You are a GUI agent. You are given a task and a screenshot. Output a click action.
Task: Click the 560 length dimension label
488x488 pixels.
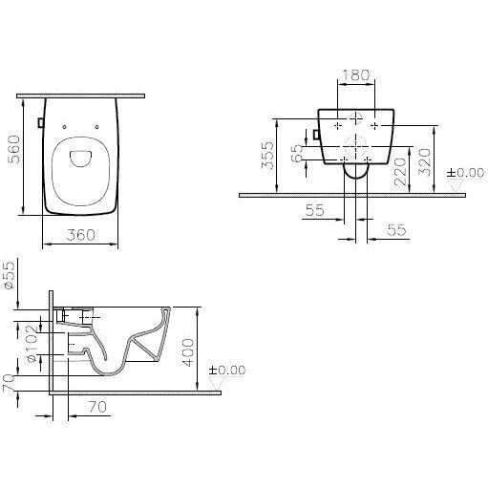click(x=13, y=149)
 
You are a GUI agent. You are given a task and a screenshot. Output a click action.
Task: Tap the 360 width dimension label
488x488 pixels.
click(x=81, y=235)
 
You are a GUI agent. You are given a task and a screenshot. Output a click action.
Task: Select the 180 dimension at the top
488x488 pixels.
click(x=355, y=75)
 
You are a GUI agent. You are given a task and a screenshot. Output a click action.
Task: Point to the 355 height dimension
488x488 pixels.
click(x=267, y=155)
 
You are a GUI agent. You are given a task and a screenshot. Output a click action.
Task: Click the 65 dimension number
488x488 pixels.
click(x=298, y=153)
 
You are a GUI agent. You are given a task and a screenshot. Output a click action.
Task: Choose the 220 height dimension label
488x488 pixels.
click(x=400, y=172)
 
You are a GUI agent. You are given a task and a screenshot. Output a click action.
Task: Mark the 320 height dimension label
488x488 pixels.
click(x=424, y=162)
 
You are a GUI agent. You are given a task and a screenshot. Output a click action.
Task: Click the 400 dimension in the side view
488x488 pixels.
click(x=188, y=352)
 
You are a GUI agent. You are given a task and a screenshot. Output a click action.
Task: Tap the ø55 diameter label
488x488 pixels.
click(x=10, y=275)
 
